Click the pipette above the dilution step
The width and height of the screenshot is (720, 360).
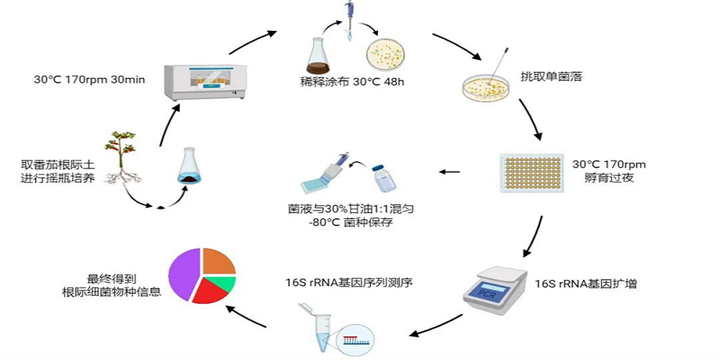[349, 18]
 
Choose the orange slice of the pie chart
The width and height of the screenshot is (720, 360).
[217, 261]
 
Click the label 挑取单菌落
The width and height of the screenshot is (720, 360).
[551, 76]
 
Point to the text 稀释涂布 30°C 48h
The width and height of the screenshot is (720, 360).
[352, 81]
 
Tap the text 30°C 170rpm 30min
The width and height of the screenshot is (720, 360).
[89, 79]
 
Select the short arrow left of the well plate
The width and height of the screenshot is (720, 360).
[450, 171]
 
